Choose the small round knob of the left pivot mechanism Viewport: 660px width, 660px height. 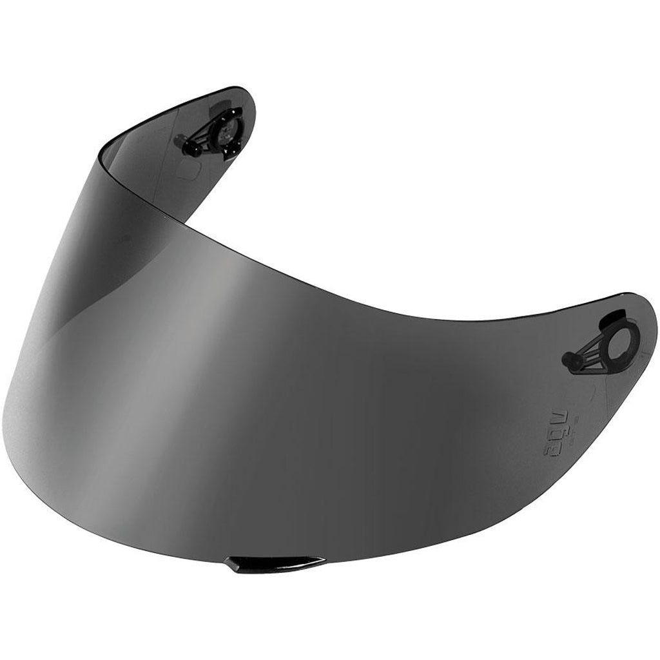188,148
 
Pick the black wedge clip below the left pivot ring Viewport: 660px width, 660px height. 229,151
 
